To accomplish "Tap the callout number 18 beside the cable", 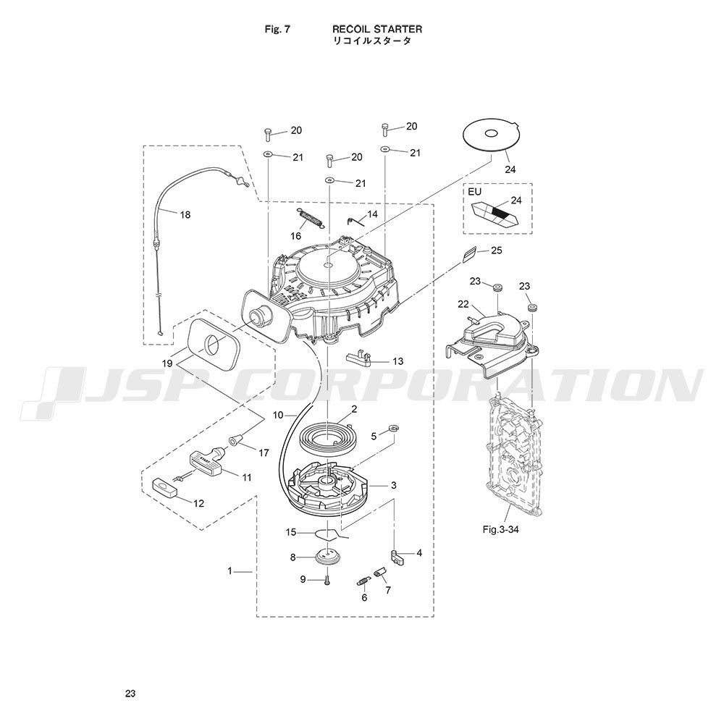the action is point(185,215).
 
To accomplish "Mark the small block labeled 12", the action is point(166,487).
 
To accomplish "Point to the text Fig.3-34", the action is point(500,530).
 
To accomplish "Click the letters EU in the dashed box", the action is point(475,192).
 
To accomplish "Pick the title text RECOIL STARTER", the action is point(377,29).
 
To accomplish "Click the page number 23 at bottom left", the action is point(130,693).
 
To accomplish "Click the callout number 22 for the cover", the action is point(463,304).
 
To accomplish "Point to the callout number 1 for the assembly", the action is point(230,571).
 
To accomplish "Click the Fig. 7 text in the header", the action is point(277,29).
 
